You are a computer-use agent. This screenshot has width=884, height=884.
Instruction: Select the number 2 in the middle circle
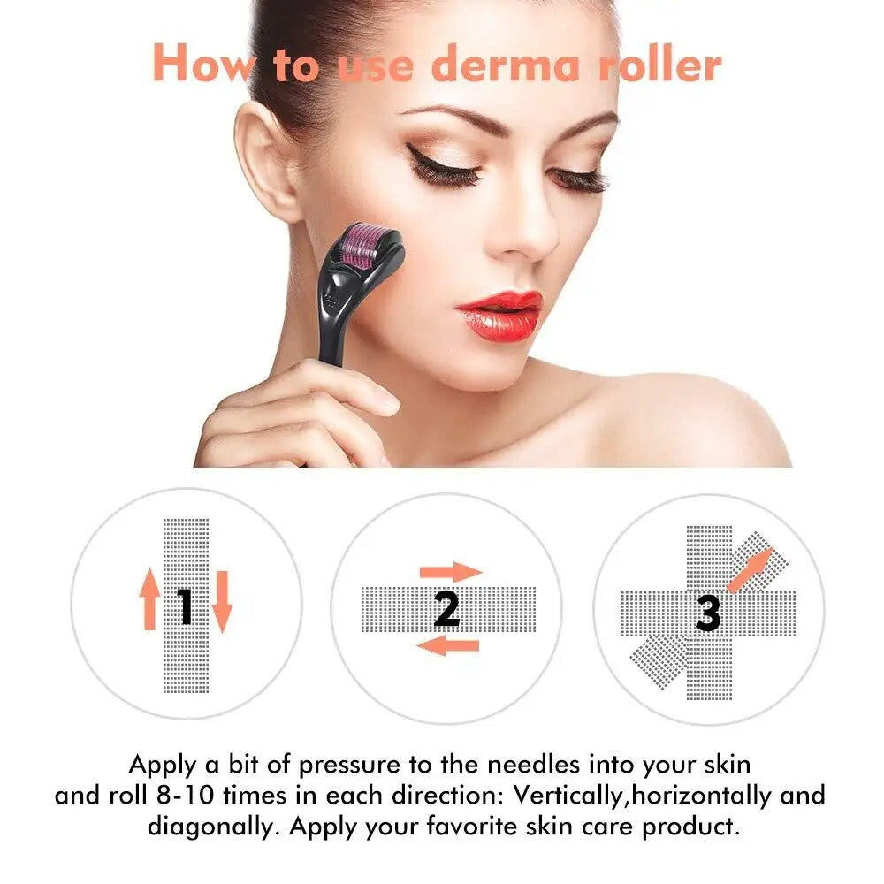point(447,608)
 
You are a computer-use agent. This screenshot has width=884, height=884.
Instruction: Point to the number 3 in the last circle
point(707,613)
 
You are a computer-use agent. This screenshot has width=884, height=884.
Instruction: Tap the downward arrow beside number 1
point(221,601)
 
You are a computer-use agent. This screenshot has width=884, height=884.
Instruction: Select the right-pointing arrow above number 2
point(450,571)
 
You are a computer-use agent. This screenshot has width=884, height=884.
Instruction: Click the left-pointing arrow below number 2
point(447,646)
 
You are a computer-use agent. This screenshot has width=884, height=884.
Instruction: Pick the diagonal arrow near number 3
point(749,569)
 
